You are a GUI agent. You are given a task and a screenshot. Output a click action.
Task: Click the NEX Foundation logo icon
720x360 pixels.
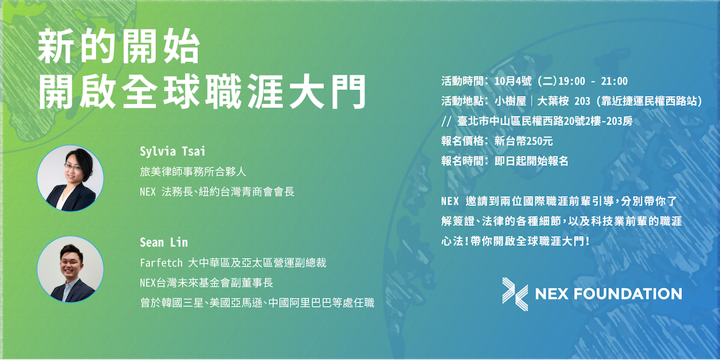515,294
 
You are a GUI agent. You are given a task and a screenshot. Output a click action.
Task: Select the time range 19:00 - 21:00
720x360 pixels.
593,81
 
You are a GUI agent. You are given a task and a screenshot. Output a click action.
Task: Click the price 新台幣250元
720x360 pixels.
523,141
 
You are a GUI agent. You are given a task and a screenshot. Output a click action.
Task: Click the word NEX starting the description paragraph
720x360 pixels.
450,201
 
